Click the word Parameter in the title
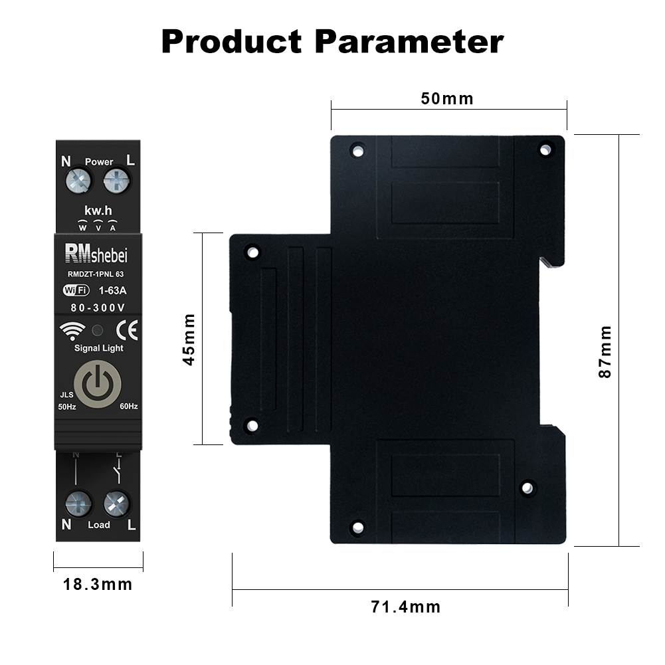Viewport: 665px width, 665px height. [409, 42]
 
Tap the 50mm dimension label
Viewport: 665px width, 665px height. [447, 99]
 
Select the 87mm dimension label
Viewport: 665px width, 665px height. [605, 351]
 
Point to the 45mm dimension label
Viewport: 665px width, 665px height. [189, 339]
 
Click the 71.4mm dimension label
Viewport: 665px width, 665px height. [405, 607]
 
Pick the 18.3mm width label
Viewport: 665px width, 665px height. [98, 585]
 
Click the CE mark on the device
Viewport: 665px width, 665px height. [127, 330]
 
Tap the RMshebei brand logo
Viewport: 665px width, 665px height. [96, 254]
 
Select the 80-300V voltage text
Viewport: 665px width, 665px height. [98, 308]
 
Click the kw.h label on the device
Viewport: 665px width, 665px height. [98, 211]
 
